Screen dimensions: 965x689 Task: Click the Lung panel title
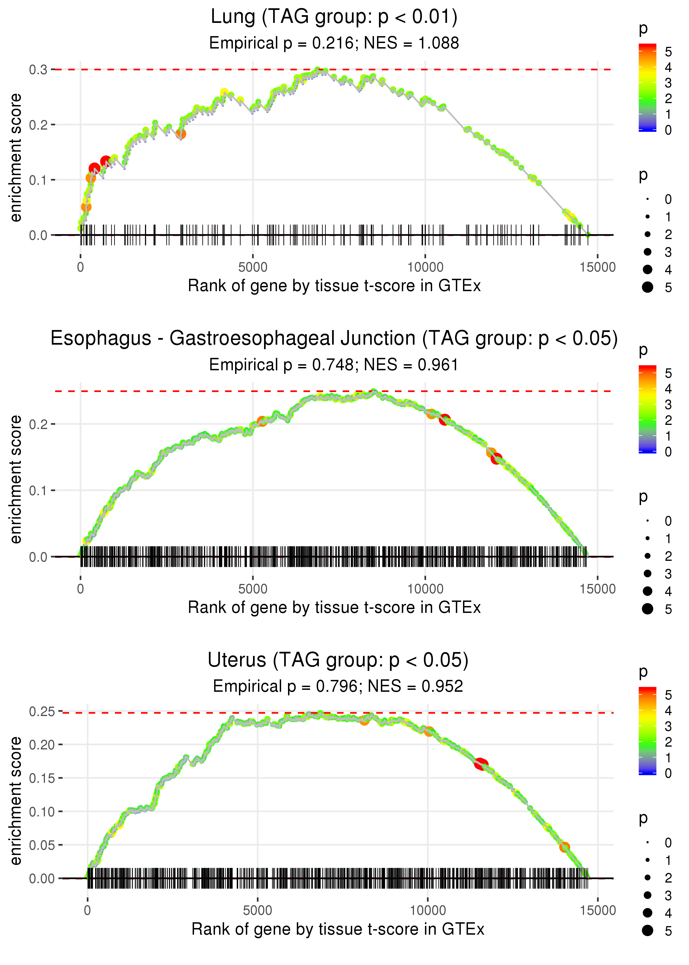pyautogui.click(x=334, y=17)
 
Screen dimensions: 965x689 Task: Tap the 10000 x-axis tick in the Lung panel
pyautogui.click(x=425, y=267)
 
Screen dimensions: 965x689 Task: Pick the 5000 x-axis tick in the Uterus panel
pyautogui.click(x=257, y=910)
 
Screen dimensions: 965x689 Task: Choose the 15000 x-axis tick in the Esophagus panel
pyautogui.click(x=597, y=589)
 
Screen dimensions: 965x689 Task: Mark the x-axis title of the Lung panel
pyautogui.click(x=334, y=286)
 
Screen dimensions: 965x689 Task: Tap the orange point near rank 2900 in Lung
pyautogui.click(x=181, y=134)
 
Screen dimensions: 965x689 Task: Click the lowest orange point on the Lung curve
pyautogui.click(x=86, y=207)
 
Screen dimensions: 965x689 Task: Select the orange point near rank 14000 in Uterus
pyautogui.click(x=564, y=847)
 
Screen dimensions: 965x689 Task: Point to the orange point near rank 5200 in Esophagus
pyautogui.click(x=262, y=421)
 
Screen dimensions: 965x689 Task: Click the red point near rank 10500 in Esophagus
pyautogui.click(x=444, y=420)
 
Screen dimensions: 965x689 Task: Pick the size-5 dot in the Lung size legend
pyautogui.click(x=647, y=287)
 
